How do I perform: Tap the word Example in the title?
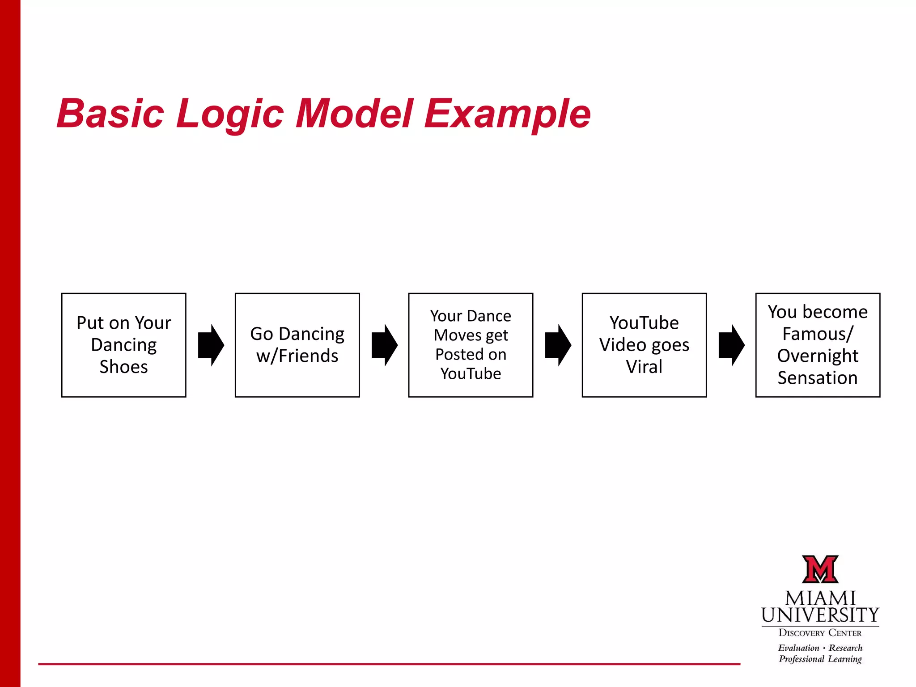[x=507, y=114]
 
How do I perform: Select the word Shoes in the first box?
[x=123, y=367]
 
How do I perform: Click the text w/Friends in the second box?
[x=297, y=356]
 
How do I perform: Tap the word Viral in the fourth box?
[x=644, y=367]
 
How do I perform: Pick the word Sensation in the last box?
[x=818, y=378]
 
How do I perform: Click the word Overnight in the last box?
[x=818, y=356]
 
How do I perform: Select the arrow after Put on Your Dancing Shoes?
[x=211, y=345]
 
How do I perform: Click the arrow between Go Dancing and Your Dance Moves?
[x=384, y=345]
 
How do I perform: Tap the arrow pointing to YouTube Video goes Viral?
[x=558, y=345]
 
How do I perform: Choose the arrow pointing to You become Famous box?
[x=731, y=345]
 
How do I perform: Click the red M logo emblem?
[x=820, y=569]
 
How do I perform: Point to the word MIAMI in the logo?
[x=820, y=598]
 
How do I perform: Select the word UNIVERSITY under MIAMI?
[x=820, y=615]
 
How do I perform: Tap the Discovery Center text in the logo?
[x=820, y=633]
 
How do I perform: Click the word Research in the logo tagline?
[x=845, y=648]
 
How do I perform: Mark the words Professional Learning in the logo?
[x=820, y=659]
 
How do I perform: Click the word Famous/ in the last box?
[x=818, y=334]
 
